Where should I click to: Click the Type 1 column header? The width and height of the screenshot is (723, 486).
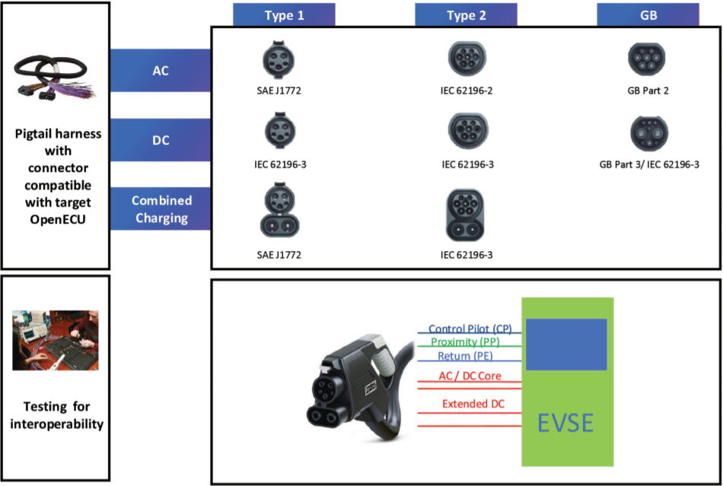click(x=284, y=15)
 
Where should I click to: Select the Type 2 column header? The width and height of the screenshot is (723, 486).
click(x=466, y=15)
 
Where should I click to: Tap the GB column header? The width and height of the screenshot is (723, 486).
click(x=648, y=15)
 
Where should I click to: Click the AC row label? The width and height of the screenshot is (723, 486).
click(x=161, y=71)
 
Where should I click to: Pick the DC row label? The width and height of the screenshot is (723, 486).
click(x=161, y=140)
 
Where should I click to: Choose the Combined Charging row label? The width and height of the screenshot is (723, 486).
click(x=161, y=208)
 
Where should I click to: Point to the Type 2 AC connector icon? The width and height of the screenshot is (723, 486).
click(x=467, y=57)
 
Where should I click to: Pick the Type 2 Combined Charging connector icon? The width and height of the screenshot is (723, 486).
click(x=467, y=214)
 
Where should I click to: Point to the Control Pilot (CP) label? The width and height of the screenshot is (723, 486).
click(x=470, y=328)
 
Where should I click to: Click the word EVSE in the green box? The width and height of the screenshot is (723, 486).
click(x=566, y=422)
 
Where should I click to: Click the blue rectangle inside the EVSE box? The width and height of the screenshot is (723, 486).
click(x=566, y=345)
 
